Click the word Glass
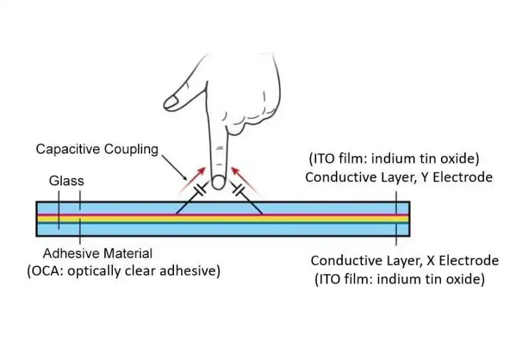pos(66,181)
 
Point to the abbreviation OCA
pos(48,271)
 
